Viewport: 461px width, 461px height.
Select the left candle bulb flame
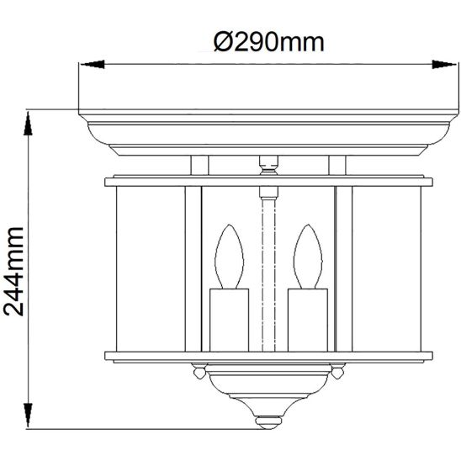click(x=228, y=257)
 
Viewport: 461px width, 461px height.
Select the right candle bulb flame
click(x=307, y=257)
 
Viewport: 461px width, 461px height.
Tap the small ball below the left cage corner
click(x=199, y=369)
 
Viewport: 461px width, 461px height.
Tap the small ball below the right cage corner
click(x=336, y=369)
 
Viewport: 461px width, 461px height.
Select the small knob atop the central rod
click(x=268, y=162)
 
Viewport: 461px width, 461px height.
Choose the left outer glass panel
click(x=150, y=269)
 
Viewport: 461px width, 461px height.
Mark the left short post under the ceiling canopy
click(x=199, y=165)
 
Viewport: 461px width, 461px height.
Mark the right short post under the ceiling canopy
click(x=336, y=165)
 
